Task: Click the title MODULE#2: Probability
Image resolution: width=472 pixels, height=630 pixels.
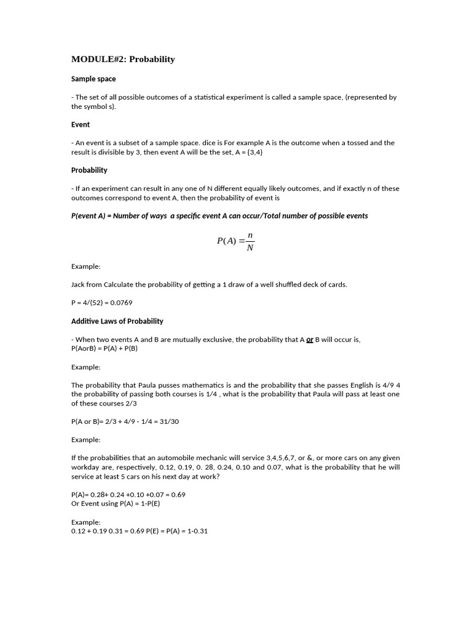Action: click(123, 59)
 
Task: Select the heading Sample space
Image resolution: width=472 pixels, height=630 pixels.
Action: click(93, 79)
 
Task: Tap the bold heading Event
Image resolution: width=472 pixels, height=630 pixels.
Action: click(81, 124)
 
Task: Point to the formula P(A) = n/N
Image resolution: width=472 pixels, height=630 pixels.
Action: click(236, 241)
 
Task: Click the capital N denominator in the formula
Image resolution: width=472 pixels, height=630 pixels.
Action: click(250, 248)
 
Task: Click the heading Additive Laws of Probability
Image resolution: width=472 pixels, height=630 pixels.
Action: click(117, 321)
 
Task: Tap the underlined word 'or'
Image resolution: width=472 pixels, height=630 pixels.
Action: click(310, 340)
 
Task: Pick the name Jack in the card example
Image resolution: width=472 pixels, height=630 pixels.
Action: click(79, 284)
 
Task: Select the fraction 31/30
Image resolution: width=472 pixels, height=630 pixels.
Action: click(170, 421)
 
